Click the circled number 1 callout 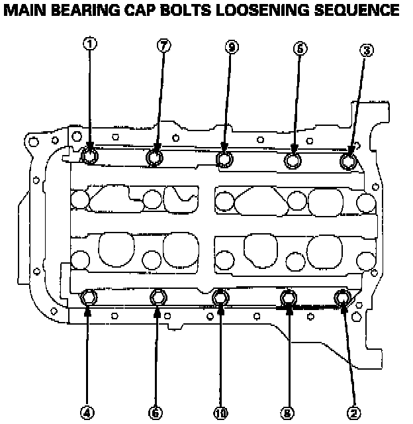point(90,44)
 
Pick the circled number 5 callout point(300,48)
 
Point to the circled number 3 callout point(367,49)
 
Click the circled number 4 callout point(87,411)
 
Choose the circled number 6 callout point(156,412)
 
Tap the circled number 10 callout point(220,413)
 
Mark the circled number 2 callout point(355,412)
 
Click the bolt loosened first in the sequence point(89,156)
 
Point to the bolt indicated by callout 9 point(225,159)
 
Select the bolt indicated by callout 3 point(348,161)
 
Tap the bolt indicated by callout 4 point(89,298)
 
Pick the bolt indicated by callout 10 point(221,299)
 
